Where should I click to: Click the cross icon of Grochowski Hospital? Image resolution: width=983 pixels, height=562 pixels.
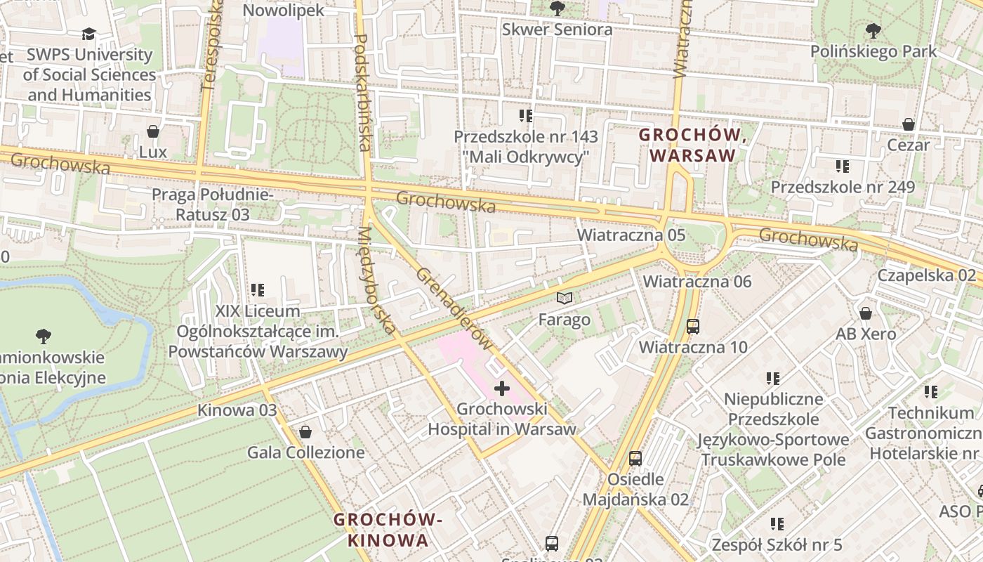pyautogui.click(x=502, y=388)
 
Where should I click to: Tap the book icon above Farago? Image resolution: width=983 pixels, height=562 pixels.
pyautogui.click(x=565, y=298)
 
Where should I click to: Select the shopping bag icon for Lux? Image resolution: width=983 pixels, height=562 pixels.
pyautogui.click(x=152, y=131)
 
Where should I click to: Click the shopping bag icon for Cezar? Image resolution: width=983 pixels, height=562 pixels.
pyautogui.click(x=908, y=124)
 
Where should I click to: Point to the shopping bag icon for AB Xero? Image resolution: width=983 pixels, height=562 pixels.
pyautogui.click(x=866, y=313)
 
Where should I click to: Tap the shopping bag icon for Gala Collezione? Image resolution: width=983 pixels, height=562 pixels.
pyautogui.click(x=305, y=431)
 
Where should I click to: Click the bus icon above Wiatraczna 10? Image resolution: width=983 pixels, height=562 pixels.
pyautogui.click(x=692, y=326)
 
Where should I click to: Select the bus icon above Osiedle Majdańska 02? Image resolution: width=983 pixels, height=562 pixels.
pyautogui.click(x=635, y=459)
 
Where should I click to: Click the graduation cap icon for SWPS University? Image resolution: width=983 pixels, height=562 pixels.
pyautogui.click(x=88, y=34)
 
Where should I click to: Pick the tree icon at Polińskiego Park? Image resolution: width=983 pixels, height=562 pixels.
pyautogui.click(x=873, y=30)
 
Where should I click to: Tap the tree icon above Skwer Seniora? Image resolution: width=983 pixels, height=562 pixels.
pyautogui.click(x=557, y=8)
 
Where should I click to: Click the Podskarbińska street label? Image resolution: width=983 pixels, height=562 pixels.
pyautogui.click(x=363, y=91)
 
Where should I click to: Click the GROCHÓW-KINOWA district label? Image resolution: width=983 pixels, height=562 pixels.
pyautogui.click(x=388, y=530)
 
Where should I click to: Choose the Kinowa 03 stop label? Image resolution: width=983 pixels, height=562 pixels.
pyautogui.click(x=237, y=410)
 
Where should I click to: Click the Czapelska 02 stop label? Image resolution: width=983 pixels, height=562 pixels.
pyautogui.click(x=926, y=275)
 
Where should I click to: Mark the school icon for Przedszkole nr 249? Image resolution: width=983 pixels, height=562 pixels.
pyautogui.click(x=843, y=166)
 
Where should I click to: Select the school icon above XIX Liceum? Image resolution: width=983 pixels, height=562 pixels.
pyautogui.click(x=258, y=289)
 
